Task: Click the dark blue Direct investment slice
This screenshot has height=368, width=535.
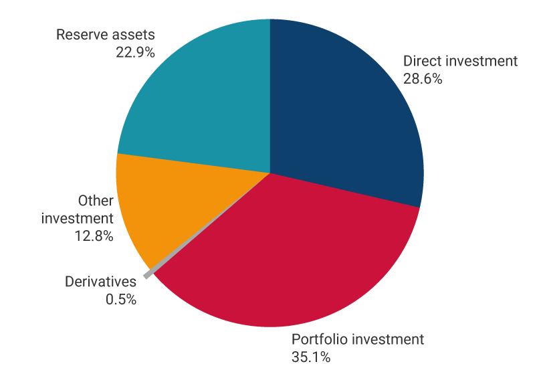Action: (341, 114)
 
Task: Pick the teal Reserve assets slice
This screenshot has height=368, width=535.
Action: (201, 100)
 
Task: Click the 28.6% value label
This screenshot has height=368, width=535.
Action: (423, 78)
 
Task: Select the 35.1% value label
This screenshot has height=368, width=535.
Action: (311, 357)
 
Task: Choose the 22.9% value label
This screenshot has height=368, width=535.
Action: (135, 52)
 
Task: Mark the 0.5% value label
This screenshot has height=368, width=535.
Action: (120, 299)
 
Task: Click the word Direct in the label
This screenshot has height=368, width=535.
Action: (420, 61)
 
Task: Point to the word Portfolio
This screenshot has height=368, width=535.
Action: (318, 339)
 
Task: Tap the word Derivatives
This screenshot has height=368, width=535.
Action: (100, 282)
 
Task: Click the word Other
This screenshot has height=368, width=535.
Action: (96, 201)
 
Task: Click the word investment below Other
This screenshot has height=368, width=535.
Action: (77, 218)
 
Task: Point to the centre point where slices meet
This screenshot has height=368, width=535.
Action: (270, 173)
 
